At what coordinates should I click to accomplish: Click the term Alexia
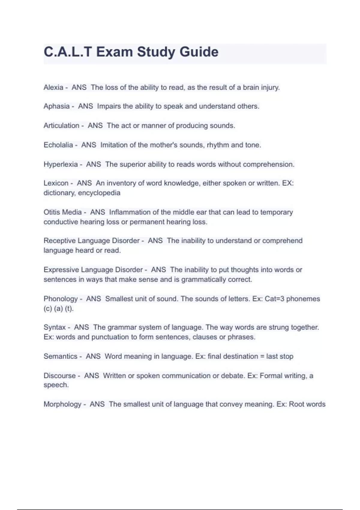53,88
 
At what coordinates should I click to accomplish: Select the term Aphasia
56,106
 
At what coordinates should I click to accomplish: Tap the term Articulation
61,126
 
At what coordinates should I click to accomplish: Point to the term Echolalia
58,145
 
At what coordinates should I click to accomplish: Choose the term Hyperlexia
61,164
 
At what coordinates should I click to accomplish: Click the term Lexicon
56,183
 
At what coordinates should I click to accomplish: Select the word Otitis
52,212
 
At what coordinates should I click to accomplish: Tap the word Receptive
59,241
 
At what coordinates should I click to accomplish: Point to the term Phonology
61,299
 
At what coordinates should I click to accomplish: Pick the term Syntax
55,327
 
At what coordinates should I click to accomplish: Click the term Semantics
60,356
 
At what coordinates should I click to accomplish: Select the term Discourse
59,376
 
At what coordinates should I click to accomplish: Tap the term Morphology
62,404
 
